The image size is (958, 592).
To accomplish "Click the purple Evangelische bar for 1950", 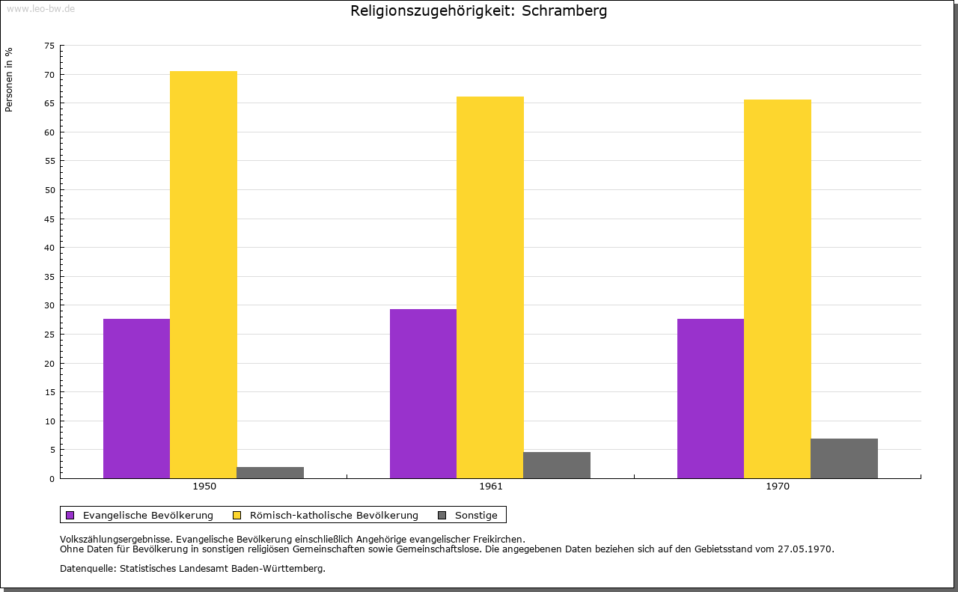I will click(x=136, y=398).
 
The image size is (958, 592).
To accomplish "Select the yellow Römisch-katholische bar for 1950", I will click(x=204, y=275).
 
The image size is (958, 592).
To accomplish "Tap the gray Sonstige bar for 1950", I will click(x=270, y=472).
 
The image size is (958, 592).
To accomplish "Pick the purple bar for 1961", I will click(x=423, y=394).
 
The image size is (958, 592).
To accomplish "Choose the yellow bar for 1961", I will click(x=490, y=287).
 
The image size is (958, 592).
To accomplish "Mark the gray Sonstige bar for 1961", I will click(x=557, y=465).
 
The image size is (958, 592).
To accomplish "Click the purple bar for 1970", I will click(x=710, y=398).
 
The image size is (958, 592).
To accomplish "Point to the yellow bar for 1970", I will click(x=778, y=289).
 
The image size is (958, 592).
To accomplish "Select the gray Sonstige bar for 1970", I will click(x=844, y=458).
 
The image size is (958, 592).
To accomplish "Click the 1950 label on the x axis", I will click(x=204, y=486).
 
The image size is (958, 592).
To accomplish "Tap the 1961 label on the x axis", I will click(x=491, y=486).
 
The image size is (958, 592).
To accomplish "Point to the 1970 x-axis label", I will click(x=778, y=486).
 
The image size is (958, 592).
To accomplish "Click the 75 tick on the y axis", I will click(x=49, y=46).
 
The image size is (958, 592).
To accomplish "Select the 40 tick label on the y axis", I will click(x=49, y=248).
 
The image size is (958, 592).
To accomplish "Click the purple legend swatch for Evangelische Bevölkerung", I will click(x=70, y=515).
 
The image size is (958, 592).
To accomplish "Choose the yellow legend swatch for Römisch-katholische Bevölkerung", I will click(x=237, y=515).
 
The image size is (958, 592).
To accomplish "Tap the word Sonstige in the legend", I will click(x=476, y=515).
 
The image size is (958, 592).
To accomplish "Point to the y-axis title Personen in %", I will click(x=9, y=79).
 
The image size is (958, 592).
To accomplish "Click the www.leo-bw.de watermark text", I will click(x=40, y=8).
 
